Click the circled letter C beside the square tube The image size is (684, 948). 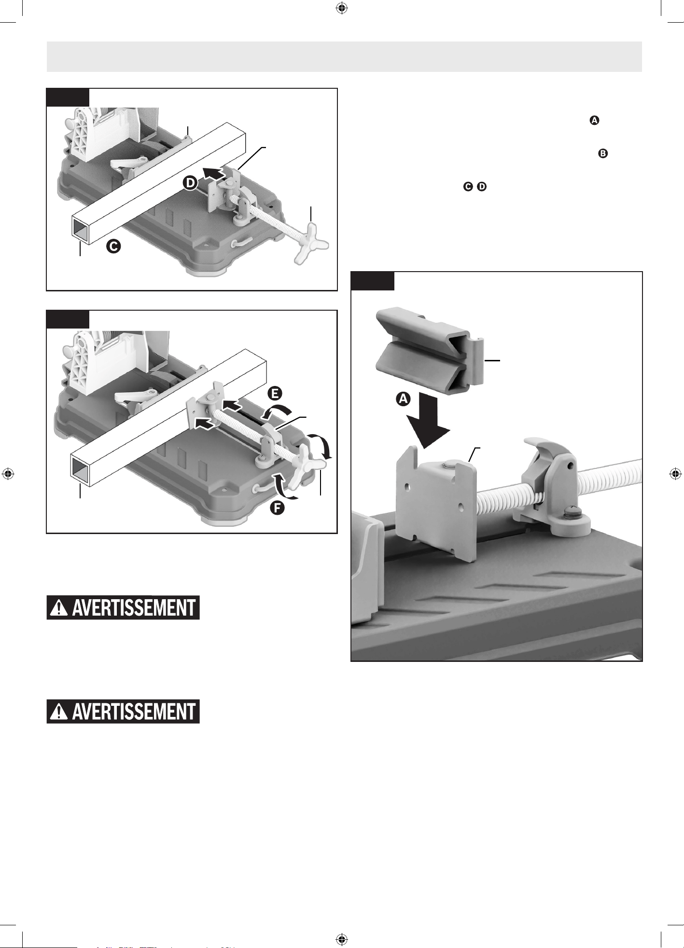tap(113, 247)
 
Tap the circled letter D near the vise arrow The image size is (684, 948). tap(190, 183)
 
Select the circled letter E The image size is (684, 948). tap(274, 393)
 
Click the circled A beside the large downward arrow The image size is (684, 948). tap(404, 399)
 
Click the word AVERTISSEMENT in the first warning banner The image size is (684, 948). tap(134, 607)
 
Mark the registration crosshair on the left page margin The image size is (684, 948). tap(7, 474)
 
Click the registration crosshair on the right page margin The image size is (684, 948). tap(676, 474)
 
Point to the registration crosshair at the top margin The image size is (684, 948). tap(342, 8)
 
